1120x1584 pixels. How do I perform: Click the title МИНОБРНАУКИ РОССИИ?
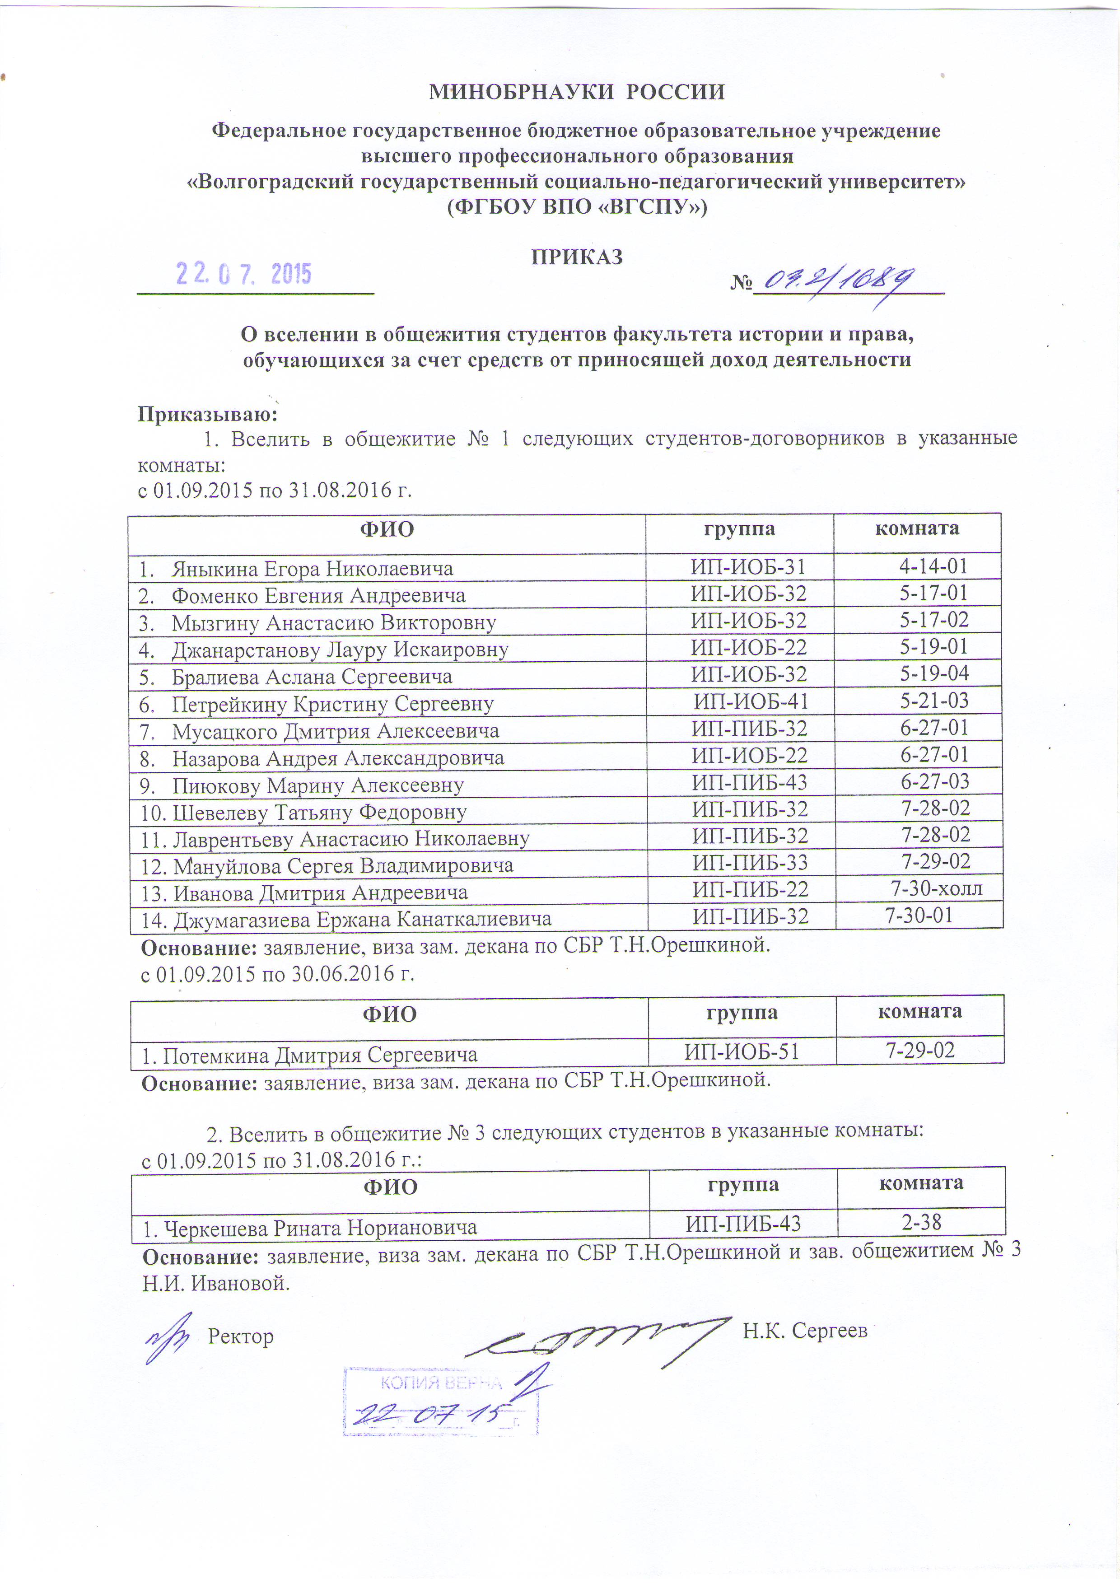(x=577, y=92)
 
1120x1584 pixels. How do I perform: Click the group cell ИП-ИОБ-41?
(x=750, y=701)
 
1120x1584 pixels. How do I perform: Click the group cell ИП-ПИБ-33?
(x=750, y=862)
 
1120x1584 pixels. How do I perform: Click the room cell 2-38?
(x=921, y=1223)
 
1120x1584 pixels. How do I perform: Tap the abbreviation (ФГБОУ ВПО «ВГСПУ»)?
(x=577, y=206)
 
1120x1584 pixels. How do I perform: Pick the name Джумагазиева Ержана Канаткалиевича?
(x=362, y=920)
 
